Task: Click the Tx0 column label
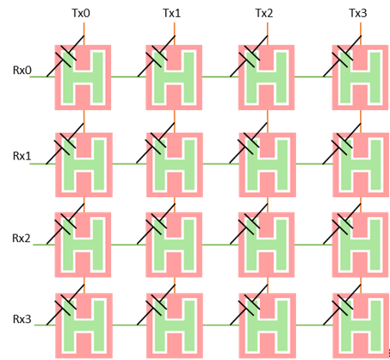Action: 81,13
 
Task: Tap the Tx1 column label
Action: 172,13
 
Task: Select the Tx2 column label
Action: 264,13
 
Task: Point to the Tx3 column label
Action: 358,13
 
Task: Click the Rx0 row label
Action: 22,70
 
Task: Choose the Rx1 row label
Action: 22,156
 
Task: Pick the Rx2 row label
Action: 22,238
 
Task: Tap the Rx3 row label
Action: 22,319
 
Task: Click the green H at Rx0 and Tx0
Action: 83,78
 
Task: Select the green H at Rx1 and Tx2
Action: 267,164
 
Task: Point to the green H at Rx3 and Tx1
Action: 175,326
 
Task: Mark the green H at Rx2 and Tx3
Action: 361,245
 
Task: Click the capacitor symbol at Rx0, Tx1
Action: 157,56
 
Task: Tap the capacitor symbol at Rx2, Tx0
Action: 65,224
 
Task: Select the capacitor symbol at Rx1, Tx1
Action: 156,143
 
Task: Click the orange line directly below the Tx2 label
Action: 267,34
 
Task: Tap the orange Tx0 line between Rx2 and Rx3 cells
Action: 84,285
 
